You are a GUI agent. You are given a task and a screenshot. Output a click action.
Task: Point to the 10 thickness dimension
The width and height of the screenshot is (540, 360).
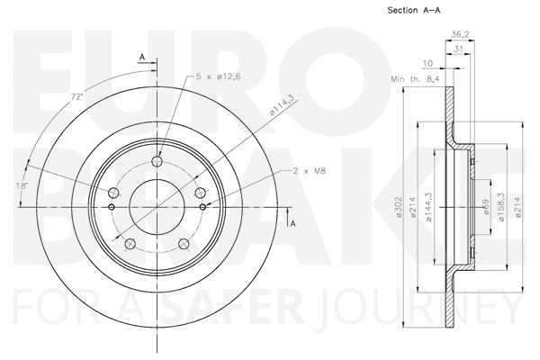[x=427, y=63]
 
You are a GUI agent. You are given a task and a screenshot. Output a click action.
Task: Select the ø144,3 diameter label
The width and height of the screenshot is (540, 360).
[x=431, y=210]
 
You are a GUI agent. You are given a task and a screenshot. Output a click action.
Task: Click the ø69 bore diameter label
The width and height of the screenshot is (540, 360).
[x=486, y=210]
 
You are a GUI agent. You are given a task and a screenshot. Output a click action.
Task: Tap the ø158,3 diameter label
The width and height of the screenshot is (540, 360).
[x=499, y=210]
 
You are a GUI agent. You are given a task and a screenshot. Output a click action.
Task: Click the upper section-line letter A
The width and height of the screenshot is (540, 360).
[x=141, y=58]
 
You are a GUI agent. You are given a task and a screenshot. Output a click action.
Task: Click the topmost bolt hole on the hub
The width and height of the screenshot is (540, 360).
[x=157, y=162]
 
